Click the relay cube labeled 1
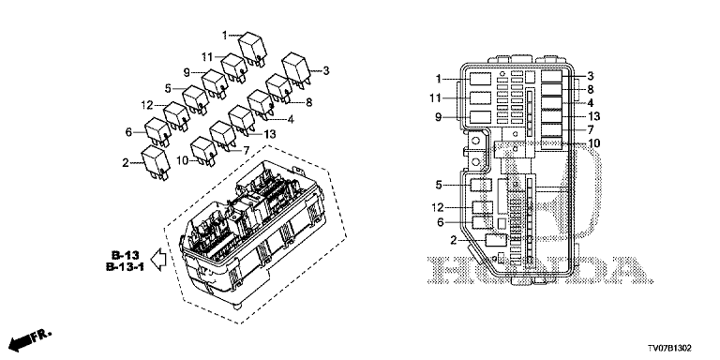point(253,46)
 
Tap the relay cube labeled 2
point(156,162)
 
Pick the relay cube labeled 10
point(203,151)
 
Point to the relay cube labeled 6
point(157,132)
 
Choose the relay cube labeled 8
point(278,88)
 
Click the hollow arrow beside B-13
point(158,260)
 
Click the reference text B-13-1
point(126,266)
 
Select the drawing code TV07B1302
point(669,349)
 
